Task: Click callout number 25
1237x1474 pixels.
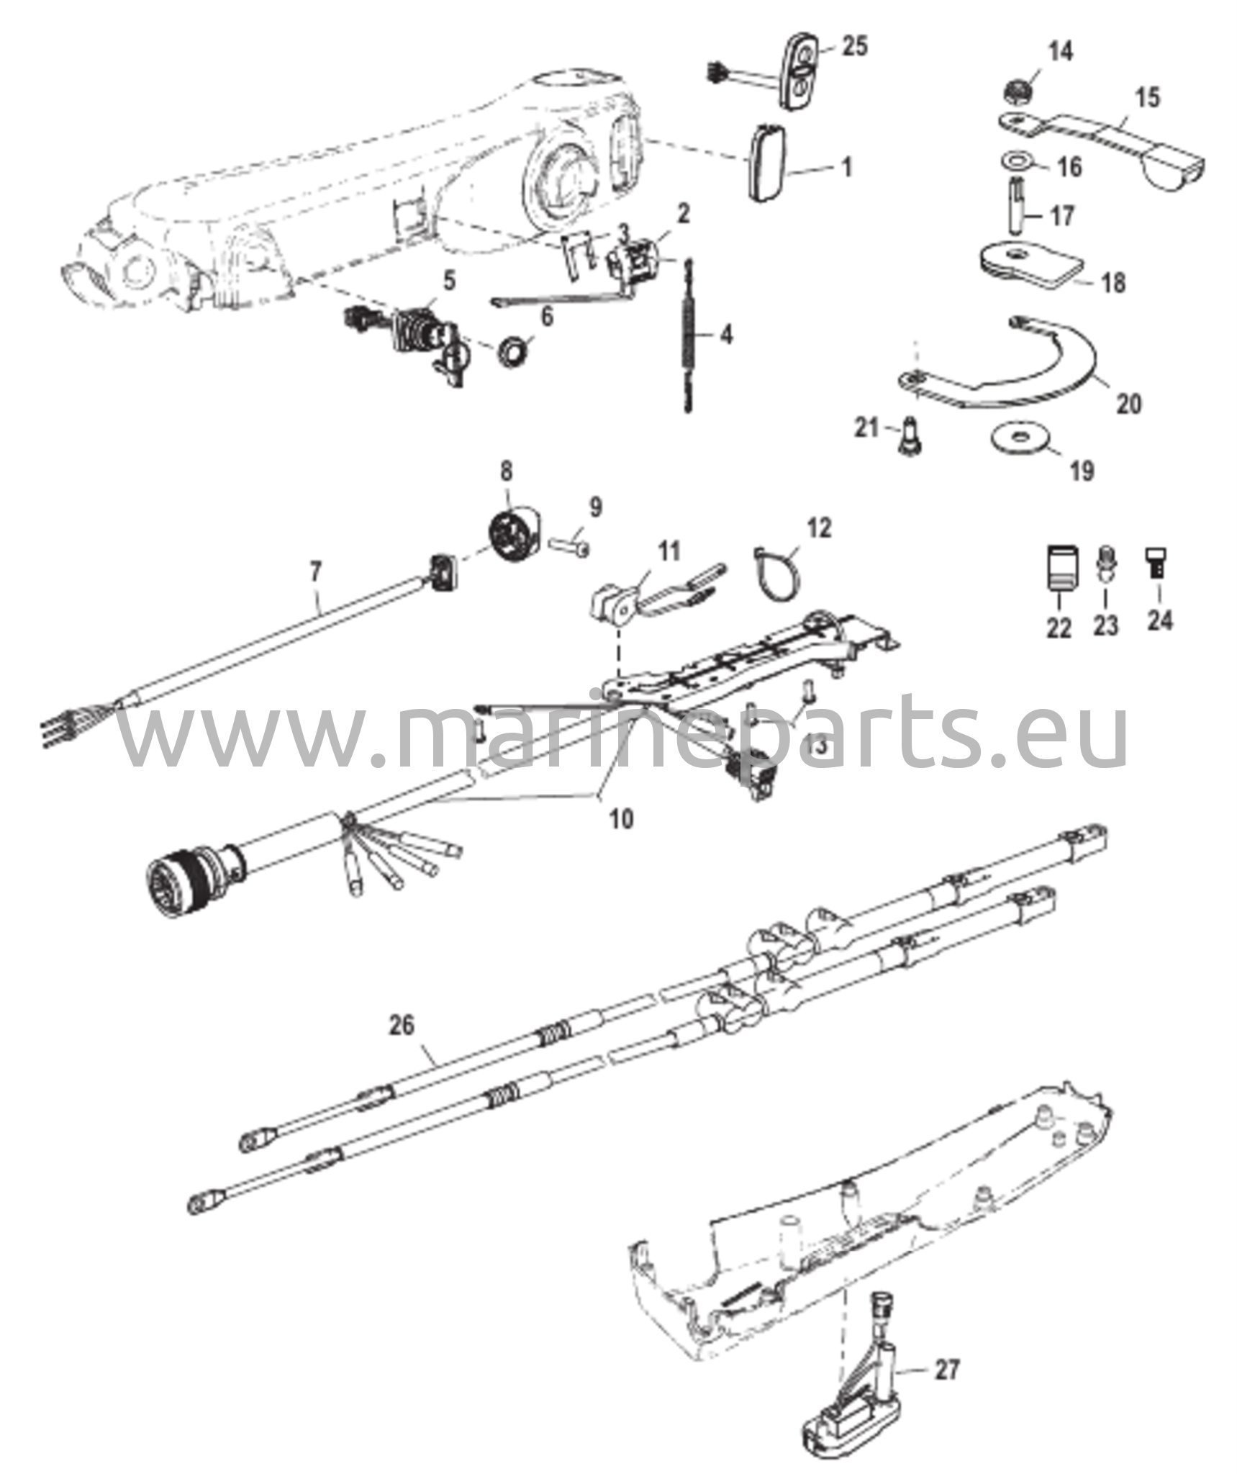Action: tap(853, 46)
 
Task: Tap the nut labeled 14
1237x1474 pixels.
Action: tap(1020, 91)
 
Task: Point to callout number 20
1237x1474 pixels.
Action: tap(1129, 403)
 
